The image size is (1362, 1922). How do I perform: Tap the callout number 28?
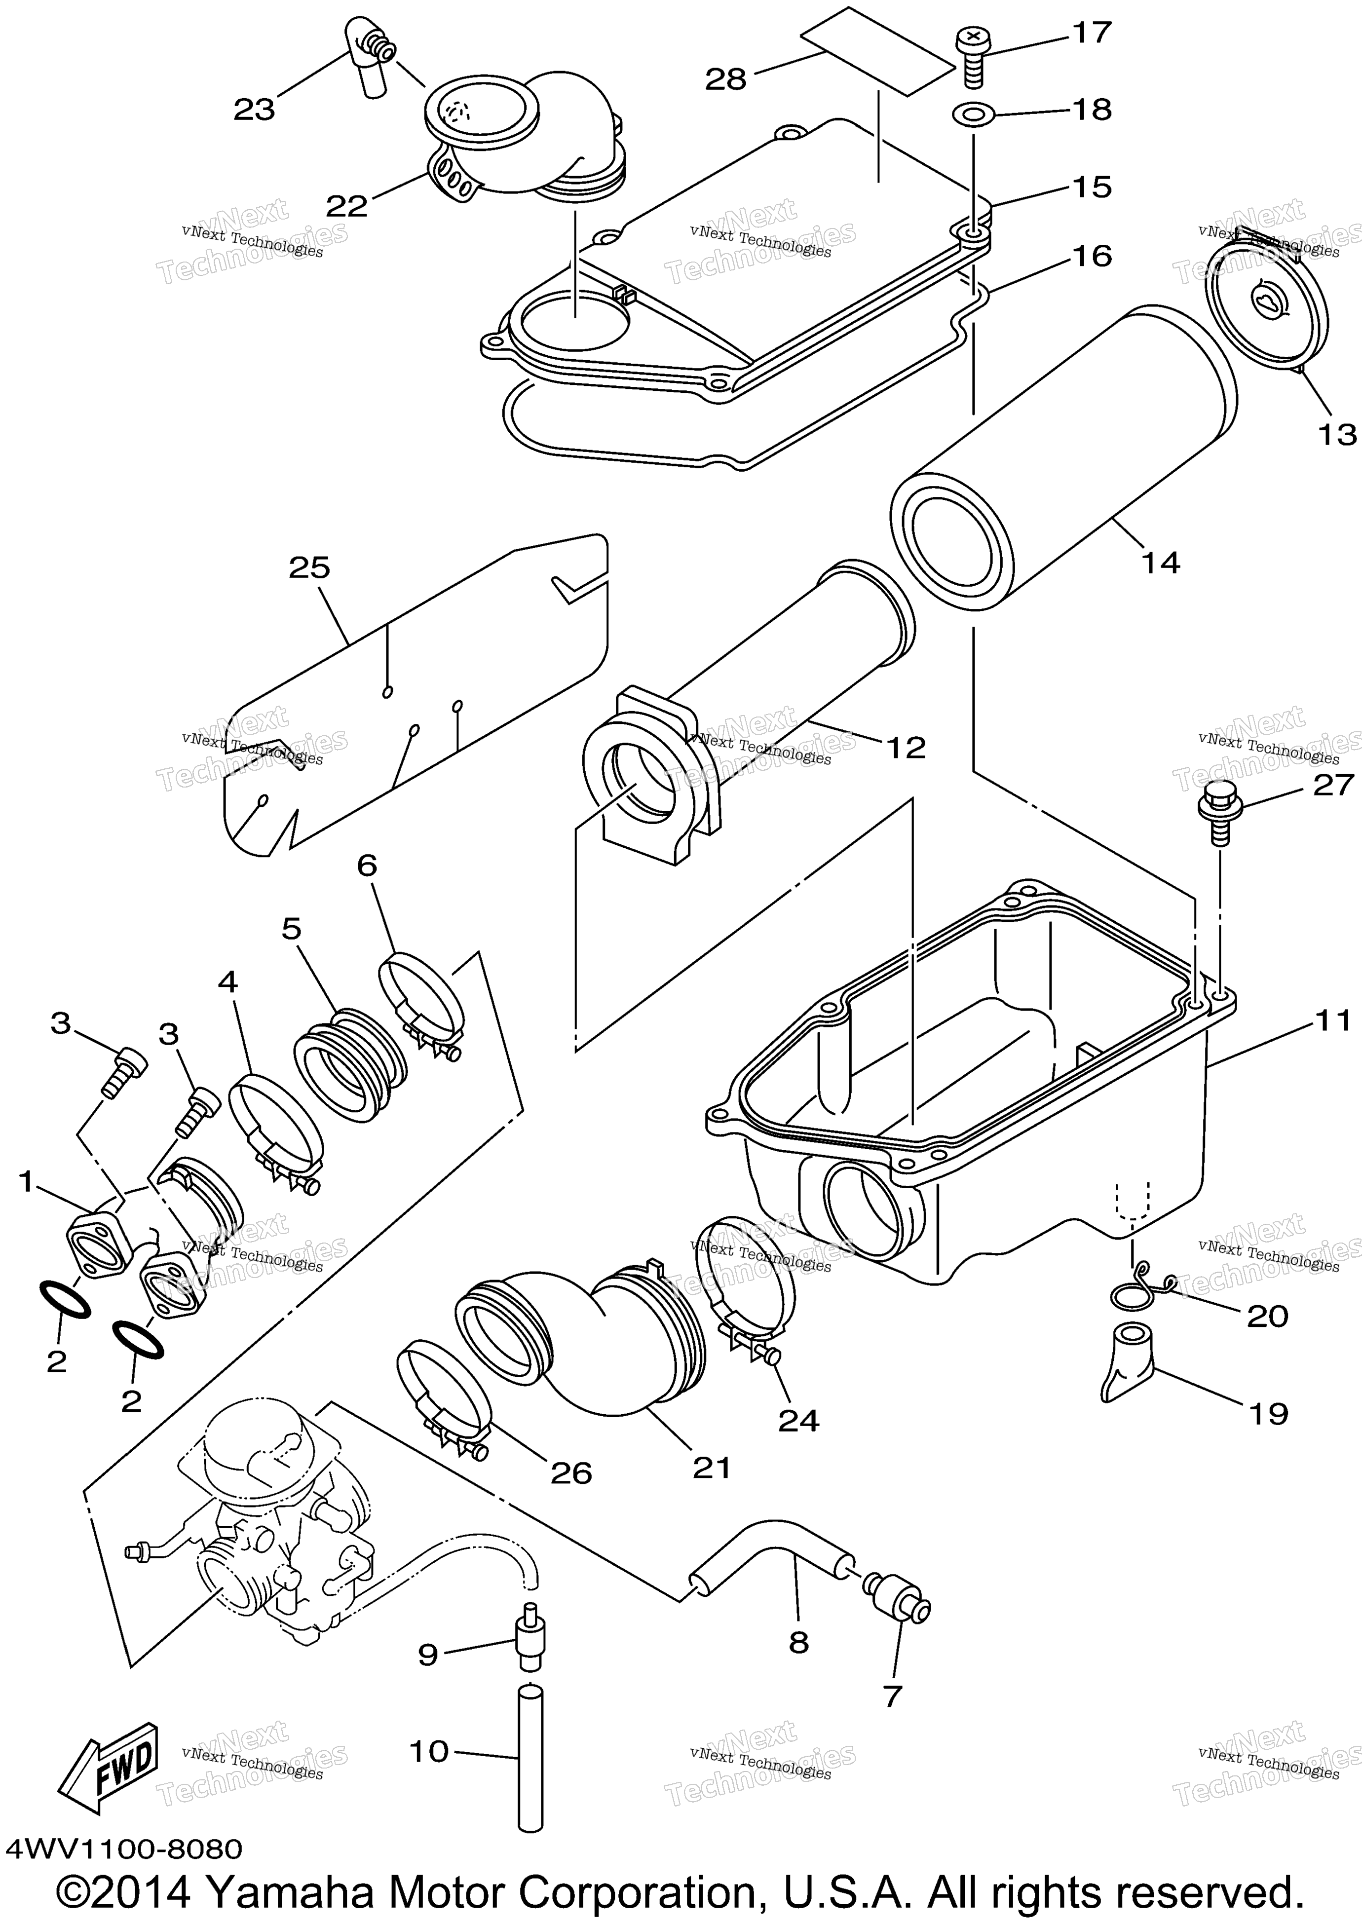tap(725, 79)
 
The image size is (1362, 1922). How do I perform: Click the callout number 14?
tap(1161, 562)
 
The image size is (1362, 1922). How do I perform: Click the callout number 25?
tap(309, 567)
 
